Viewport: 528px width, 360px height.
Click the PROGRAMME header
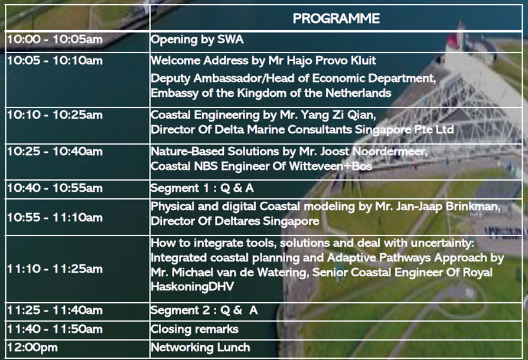click(336, 18)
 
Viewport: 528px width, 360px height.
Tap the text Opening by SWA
click(197, 40)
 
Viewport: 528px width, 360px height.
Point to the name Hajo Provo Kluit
click(322, 61)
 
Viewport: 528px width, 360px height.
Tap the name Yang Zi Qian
click(337, 116)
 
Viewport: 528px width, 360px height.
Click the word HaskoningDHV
click(193, 287)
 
